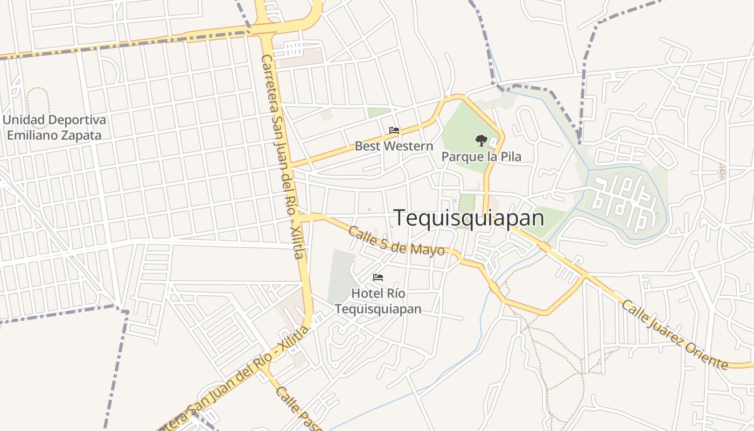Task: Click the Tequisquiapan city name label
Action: pyautogui.click(x=469, y=218)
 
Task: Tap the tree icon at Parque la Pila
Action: pyautogui.click(x=481, y=141)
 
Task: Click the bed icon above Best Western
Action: pyautogui.click(x=394, y=130)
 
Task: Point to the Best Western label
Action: pyautogui.click(x=394, y=146)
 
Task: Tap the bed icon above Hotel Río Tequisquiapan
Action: pyautogui.click(x=378, y=277)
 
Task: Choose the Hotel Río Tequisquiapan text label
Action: pyautogui.click(x=378, y=301)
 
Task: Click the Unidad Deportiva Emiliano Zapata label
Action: pyautogui.click(x=54, y=127)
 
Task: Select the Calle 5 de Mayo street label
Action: pyautogui.click(x=396, y=241)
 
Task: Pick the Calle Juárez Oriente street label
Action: pyautogui.click(x=675, y=335)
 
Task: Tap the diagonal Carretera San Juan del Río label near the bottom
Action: pyautogui.click(x=237, y=380)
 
